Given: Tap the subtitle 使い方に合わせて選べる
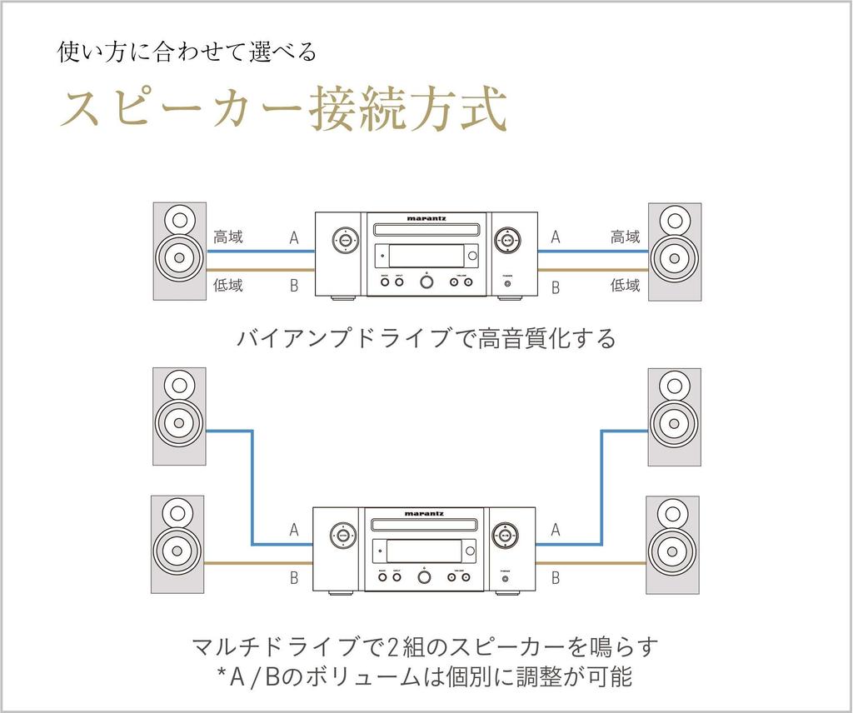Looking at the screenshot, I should click(x=187, y=52).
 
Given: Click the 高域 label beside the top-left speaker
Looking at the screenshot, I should click(x=228, y=237).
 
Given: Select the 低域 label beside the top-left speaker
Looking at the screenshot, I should click(x=228, y=286).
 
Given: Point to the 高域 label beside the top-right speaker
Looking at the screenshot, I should click(x=626, y=237).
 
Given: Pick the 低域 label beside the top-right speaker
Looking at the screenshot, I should click(x=626, y=286).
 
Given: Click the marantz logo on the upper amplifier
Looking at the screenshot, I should click(x=426, y=219).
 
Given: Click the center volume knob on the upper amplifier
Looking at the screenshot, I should click(x=426, y=281).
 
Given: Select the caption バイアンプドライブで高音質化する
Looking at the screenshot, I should click(x=426, y=339).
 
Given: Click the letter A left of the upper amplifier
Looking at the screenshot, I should click(x=294, y=238).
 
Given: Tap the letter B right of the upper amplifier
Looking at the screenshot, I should click(x=556, y=288).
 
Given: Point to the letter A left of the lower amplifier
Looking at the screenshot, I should click(x=294, y=529).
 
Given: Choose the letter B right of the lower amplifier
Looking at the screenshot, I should click(x=556, y=577).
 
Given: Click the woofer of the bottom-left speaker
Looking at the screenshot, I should click(x=177, y=550).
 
